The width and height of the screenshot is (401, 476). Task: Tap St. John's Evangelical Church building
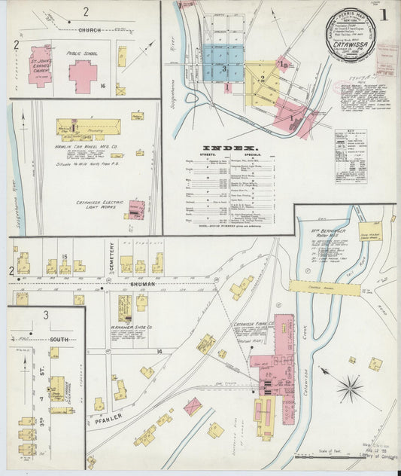pos(40,68)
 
